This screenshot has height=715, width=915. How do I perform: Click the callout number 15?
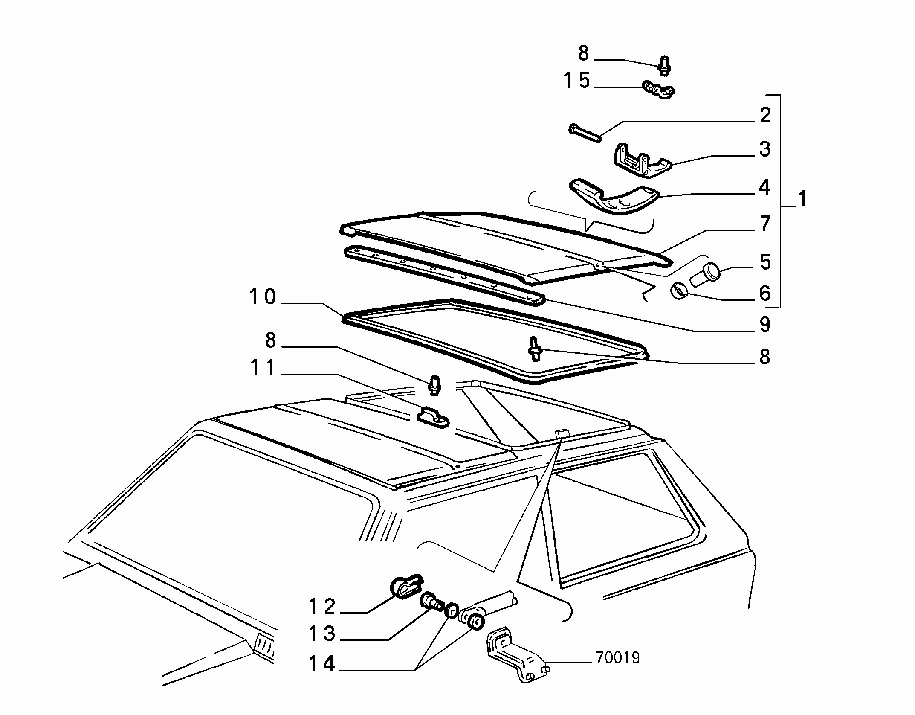[x=577, y=81]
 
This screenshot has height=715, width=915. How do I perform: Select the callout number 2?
[x=765, y=115]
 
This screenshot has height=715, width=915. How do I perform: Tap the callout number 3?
[x=765, y=149]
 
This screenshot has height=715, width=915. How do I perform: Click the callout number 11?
[x=263, y=368]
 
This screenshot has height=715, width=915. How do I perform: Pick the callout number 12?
[x=322, y=606]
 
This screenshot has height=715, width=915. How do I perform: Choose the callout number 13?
[x=322, y=634]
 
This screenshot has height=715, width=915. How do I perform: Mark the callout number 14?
[x=322, y=664]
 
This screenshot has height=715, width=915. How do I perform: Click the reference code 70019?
[x=618, y=658]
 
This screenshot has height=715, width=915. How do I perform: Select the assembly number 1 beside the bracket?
[x=802, y=199]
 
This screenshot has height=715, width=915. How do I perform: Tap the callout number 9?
[x=765, y=325]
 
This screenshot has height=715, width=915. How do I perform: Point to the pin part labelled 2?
[x=585, y=133]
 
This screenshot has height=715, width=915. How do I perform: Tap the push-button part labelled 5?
[x=704, y=275]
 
